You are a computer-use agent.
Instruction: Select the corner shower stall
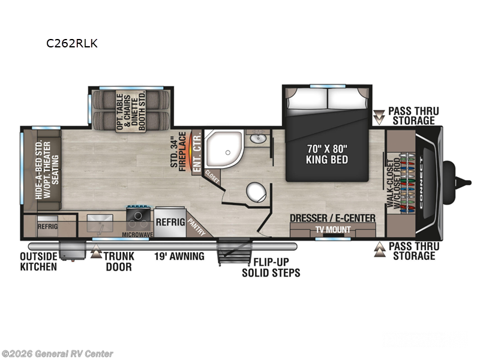click(x=222, y=149)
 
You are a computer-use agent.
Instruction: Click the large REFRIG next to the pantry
click(x=169, y=221)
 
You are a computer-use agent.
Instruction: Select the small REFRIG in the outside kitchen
click(x=47, y=227)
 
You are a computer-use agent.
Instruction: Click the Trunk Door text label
click(x=118, y=261)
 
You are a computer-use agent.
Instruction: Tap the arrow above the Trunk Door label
click(x=96, y=254)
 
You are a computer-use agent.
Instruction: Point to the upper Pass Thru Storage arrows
click(x=379, y=116)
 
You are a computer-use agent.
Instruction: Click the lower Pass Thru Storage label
click(x=413, y=251)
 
